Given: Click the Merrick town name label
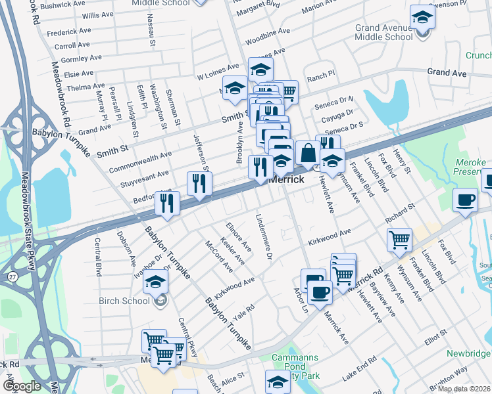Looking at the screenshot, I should point(287,179).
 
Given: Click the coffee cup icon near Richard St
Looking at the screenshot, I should point(465,201).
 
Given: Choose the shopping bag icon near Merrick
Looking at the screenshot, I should point(307,154).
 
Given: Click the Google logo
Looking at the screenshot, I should point(21,385).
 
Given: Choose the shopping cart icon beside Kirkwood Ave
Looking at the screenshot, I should point(399,240).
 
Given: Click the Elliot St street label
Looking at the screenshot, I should point(436,338).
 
